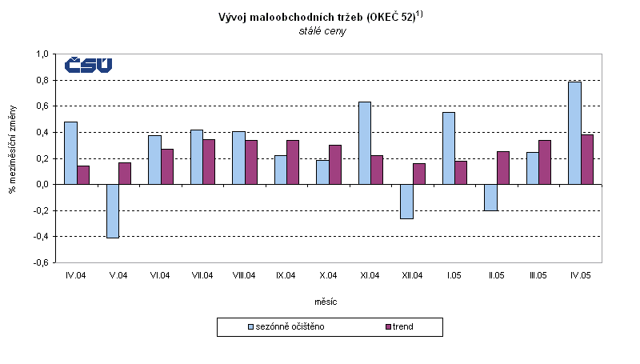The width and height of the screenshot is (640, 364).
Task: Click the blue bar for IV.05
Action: point(574,133)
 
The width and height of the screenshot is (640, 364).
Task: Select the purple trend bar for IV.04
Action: point(83,175)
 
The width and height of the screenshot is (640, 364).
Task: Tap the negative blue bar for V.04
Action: point(112,210)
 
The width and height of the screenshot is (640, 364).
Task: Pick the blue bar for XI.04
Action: point(364,143)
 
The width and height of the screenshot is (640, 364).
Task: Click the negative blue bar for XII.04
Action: point(406,201)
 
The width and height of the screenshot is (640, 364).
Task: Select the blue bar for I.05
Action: point(448,148)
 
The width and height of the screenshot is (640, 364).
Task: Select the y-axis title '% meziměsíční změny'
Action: point(13,158)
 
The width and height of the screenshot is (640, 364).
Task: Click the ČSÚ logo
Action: point(88,66)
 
